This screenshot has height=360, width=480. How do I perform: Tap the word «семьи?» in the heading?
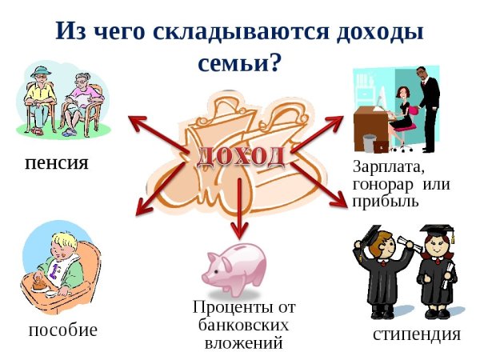239,62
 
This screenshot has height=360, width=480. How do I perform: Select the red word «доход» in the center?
241,156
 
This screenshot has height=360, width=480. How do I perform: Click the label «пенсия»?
56,163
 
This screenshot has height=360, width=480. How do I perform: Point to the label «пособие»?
62,329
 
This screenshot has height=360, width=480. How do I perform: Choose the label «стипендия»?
416,334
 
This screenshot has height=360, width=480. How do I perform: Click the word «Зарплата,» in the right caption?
388,168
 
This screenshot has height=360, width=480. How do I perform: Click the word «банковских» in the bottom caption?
243,326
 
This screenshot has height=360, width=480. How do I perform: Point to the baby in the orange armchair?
58,259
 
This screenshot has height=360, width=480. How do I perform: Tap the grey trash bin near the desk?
369,143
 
